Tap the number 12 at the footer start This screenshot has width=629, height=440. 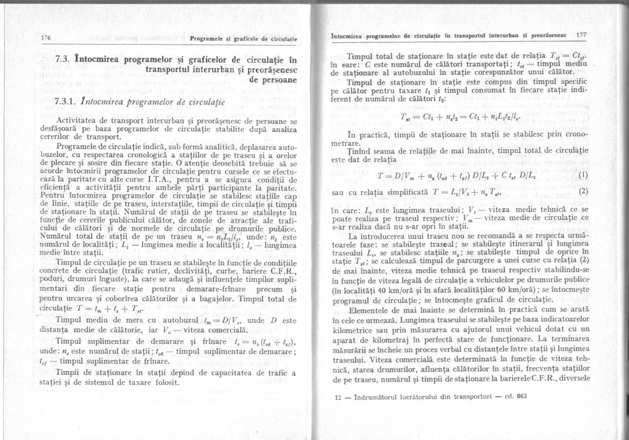coord(338,397)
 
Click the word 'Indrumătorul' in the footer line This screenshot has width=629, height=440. coord(377,397)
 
